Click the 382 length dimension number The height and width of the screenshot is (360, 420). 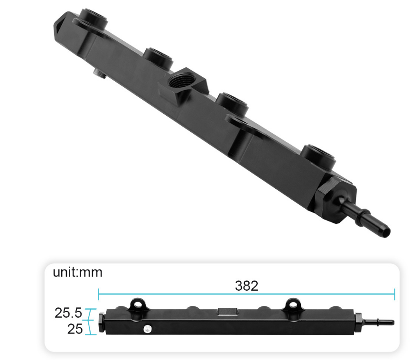(246, 286)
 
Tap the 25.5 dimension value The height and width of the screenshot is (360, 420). (68, 313)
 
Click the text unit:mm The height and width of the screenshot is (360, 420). (77, 272)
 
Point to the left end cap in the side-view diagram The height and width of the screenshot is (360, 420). (102, 322)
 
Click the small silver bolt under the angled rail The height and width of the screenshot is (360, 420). (99, 74)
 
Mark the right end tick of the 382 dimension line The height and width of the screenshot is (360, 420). (394, 294)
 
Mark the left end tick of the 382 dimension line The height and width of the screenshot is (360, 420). (98, 294)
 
